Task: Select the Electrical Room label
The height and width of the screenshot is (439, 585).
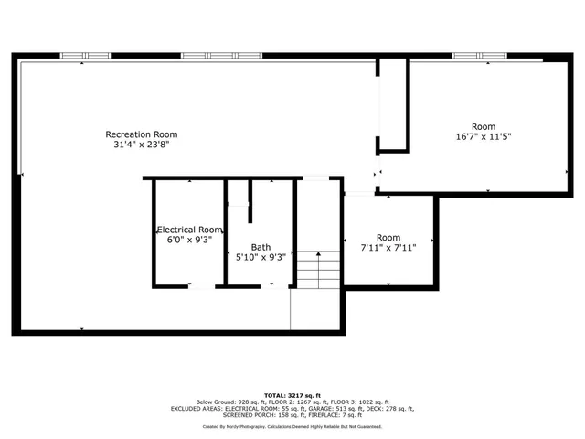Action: pyautogui.click(x=189, y=230)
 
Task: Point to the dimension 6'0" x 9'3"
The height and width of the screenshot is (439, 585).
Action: pyautogui.click(x=189, y=240)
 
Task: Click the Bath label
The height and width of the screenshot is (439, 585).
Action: pyautogui.click(x=261, y=247)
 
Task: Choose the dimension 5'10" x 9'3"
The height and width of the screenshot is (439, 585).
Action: pyautogui.click(x=261, y=257)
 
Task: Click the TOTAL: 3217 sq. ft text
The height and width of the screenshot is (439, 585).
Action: pyautogui.click(x=292, y=394)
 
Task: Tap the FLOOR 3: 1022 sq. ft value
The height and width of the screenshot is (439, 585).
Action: pyautogui.click(x=356, y=402)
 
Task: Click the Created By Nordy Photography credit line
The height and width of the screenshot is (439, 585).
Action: pyautogui.click(x=292, y=426)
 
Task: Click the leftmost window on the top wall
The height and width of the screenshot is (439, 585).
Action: pyautogui.click(x=86, y=56)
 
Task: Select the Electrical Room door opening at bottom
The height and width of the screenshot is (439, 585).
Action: pyautogui.click(x=201, y=287)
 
